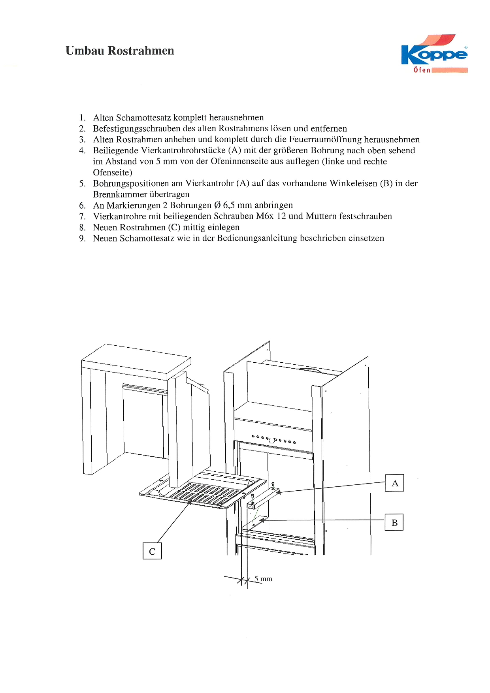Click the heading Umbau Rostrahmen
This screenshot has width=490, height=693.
click(x=120, y=51)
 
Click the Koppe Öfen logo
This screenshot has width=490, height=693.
click(x=434, y=54)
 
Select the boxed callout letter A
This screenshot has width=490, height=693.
click(x=394, y=483)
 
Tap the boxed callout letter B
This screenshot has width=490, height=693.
click(x=394, y=523)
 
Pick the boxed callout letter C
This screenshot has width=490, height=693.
click(x=152, y=551)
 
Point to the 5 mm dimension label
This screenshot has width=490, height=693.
click(x=263, y=579)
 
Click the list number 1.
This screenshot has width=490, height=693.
click(x=82, y=118)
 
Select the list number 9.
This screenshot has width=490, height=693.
click(x=82, y=238)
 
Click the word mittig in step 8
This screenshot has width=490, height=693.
click(x=194, y=228)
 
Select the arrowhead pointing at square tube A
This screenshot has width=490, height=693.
click(x=279, y=492)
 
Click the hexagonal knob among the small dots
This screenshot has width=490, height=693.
click(x=272, y=440)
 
